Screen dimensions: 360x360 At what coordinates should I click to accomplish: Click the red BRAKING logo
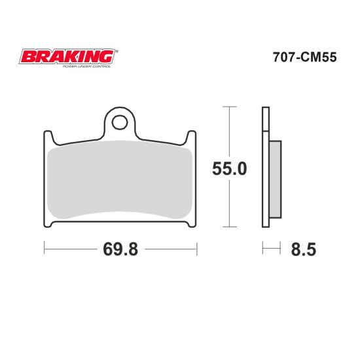pyautogui.click(x=67, y=56)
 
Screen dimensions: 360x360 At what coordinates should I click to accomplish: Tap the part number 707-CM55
pyautogui.click(x=304, y=57)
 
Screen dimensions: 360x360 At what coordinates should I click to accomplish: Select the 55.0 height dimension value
pyautogui.click(x=229, y=169)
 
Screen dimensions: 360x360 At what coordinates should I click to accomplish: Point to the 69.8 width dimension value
pyautogui.click(x=120, y=249)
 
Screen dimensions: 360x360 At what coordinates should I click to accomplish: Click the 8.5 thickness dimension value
pyautogui.click(x=304, y=249)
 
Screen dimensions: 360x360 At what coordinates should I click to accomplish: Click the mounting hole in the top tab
pyautogui.click(x=120, y=122)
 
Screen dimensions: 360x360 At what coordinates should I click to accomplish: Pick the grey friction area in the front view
pyautogui.click(x=119, y=179)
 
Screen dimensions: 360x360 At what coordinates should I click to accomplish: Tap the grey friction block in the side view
pyautogui.click(x=275, y=179)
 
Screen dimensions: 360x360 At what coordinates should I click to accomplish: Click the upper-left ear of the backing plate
pyautogui.click(x=48, y=137)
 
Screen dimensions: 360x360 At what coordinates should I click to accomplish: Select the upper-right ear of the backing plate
pyautogui.click(x=191, y=137)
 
